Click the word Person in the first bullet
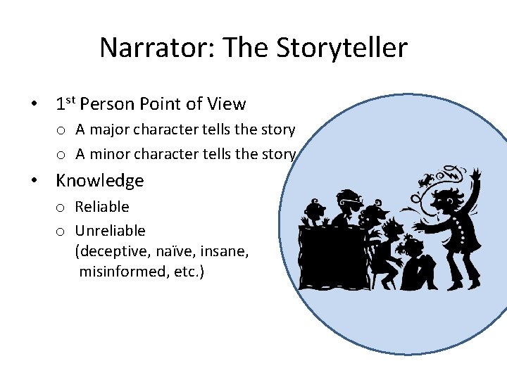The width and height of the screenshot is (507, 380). pyautogui.click(x=107, y=104)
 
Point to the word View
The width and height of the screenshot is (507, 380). pyautogui.click(x=227, y=104)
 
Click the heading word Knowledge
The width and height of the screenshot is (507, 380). pyautogui.click(x=99, y=181)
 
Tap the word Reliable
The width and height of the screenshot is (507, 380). pyautogui.click(x=102, y=207)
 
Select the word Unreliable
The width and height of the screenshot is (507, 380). pyautogui.click(x=110, y=231)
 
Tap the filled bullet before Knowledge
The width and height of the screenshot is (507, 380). pyautogui.click(x=34, y=181)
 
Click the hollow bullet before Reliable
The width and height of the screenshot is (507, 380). pyautogui.click(x=61, y=208)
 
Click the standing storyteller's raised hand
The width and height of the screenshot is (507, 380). pyautogui.click(x=476, y=175)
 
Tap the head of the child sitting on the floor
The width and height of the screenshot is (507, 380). pyautogui.click(x=411, y=246)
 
